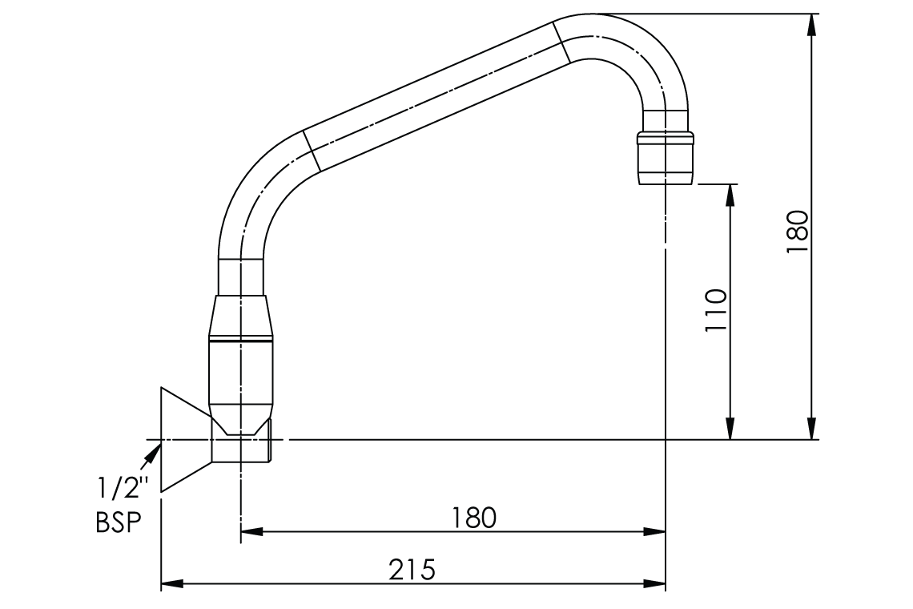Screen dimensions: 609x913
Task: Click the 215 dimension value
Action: point(412,570)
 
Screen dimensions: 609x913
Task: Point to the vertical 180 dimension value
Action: point(798,232)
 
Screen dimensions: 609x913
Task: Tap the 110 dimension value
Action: point(715,311)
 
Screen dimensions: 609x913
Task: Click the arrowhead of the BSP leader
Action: point(152,454)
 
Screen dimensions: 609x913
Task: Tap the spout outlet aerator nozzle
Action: point(665,157)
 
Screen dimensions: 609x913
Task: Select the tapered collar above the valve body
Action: point(241,317)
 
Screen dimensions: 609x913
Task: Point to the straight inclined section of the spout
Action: point(436,96)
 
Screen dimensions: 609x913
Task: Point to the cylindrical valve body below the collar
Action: point(241,377)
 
